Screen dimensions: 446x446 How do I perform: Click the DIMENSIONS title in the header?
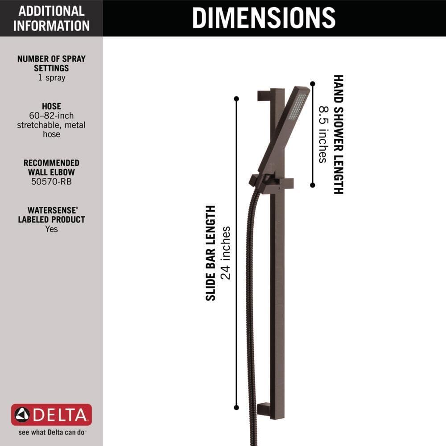[x=264, y=18]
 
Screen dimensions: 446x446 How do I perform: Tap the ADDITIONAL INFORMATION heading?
[x=51, y=18]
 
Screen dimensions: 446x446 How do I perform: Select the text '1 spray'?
[x=51, y=78]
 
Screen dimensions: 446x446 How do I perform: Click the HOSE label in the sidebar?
[x=51, y=106]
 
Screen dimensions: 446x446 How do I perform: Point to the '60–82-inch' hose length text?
[x=51, y=116]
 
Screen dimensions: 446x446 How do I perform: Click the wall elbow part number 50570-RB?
[x=51, y=182]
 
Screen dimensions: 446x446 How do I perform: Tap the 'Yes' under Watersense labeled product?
[x=51, y=229]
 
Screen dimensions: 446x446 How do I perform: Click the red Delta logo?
[x=51, y=415]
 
